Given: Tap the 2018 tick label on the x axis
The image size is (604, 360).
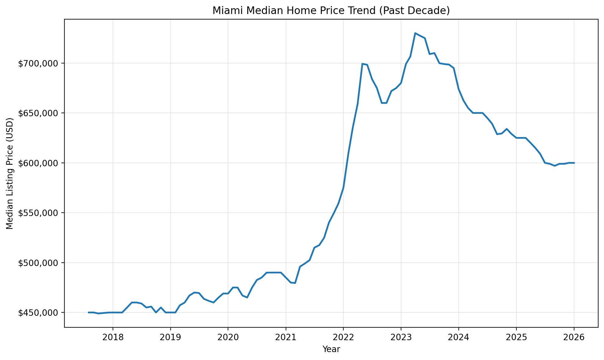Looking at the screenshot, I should coord(113,337).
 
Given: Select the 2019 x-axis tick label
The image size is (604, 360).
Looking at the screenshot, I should coord(170,337).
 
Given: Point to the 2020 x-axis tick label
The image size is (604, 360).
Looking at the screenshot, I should coord(228,337).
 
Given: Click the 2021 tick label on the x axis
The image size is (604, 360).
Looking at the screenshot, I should coord(286,337).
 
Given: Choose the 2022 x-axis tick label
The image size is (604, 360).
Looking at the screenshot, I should coord(343,337).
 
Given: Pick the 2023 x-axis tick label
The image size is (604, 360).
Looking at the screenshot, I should coord(401,337).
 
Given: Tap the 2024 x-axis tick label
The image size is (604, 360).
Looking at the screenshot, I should coord(458,337).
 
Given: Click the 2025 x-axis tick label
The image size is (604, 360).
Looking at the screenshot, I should coord(516,337).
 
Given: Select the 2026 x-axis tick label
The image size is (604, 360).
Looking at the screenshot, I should coord(574,337).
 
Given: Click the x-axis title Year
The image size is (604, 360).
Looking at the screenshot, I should coord(331,349).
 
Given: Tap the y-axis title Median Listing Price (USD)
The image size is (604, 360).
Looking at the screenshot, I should coord(10,174).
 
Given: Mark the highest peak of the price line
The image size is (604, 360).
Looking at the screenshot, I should coord(415,33).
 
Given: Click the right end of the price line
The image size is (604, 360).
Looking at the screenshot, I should coord(574,163).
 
